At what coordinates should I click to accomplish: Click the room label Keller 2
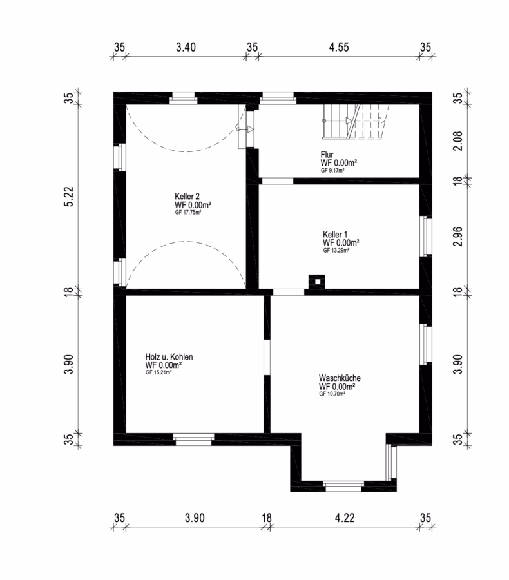[187, 197]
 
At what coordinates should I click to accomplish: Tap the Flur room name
[327, 155]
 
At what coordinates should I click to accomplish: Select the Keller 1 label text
[335, 235]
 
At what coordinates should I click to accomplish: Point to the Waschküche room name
[340, 378]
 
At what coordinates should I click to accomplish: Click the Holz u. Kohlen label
[169, 357]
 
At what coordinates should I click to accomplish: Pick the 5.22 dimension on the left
[69, 197]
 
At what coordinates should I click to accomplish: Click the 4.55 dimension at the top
[339, 47]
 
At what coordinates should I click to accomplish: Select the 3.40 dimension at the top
[186, 47]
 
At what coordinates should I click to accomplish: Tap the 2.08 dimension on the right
[458, 141]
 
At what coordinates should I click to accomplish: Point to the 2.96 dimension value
[458, 236]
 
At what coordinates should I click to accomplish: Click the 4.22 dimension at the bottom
[345, 518]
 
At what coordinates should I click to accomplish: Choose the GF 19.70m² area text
[332, 394]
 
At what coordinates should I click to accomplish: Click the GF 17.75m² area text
[188, 213]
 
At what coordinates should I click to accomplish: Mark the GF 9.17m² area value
[332, 171]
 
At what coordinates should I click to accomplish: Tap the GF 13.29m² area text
[336, 251]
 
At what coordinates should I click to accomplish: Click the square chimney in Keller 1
[316, 282]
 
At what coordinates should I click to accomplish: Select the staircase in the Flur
[356, 122]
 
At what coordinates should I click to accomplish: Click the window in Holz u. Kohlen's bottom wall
[193, 439]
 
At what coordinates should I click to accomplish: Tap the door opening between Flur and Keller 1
[278, 181]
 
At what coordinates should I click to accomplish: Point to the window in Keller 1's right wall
[426, 236]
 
